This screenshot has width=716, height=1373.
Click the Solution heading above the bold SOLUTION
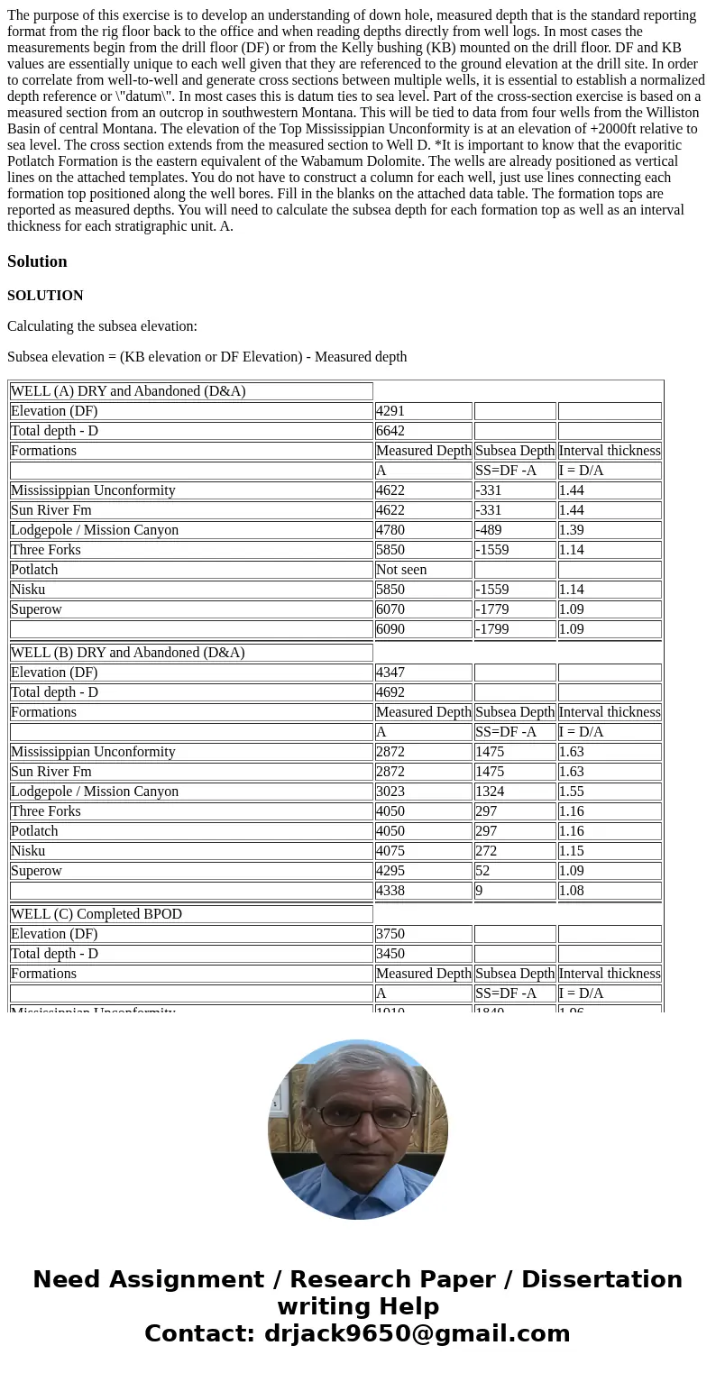[37, 261]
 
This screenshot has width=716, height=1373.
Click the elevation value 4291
[390, 411]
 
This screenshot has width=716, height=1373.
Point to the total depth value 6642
[390, 431]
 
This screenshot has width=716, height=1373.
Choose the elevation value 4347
[390, 673]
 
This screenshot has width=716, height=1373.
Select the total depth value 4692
[390, 692]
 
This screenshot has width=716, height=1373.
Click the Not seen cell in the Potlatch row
[401, 570]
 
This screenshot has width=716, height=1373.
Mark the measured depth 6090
[390, 629]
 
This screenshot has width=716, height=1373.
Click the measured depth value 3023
[390, 792]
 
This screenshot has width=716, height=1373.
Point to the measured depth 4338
[390, 891]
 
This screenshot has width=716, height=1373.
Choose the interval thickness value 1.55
[571, 792]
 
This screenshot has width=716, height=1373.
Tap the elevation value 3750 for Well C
[390, 934]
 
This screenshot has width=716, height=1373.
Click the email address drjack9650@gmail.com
[417, 1334]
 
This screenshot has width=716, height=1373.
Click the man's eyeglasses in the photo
[358, 1114]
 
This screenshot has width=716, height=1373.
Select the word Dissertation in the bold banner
[601, 1280]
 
